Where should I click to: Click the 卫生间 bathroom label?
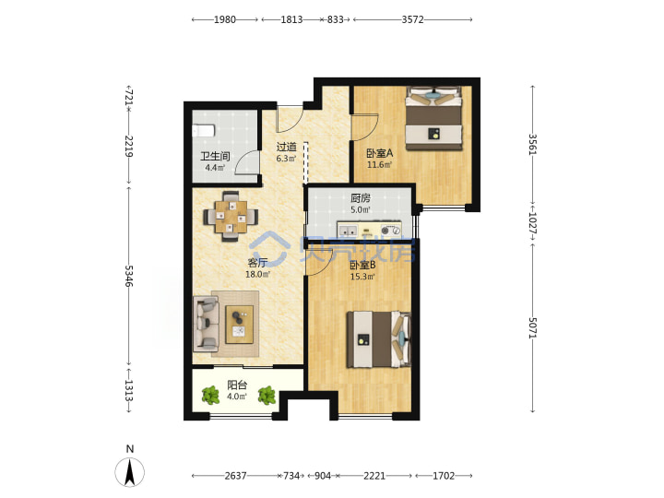[215, 156]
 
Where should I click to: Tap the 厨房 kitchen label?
[361, 197]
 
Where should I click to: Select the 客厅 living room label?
[257, 263]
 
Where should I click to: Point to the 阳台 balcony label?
[237, 385]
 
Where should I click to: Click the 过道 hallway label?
[286, 147]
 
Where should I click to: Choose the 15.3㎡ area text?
[362, 277]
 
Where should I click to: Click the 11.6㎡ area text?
[379, 165]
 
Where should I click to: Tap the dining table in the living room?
[231, 217]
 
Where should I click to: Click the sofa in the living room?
[206, 324]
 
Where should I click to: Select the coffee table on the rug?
[239, 325]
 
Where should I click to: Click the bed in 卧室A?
[433, 118]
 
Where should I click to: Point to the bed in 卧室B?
[379, 339]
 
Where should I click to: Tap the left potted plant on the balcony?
[210, 396]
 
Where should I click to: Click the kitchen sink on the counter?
[348, 231]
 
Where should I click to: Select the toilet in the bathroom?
[203, 130]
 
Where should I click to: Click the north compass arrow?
[130, 472]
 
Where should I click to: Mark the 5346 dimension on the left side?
[129, 276]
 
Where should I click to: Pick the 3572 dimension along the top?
[412, 19]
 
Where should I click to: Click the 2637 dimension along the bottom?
[235, 476]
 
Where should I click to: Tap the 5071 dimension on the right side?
[533, 327]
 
